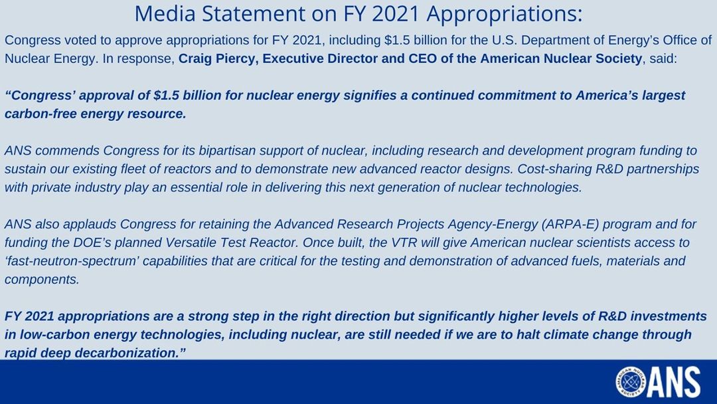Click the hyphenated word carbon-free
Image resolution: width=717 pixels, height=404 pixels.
coord(40,113)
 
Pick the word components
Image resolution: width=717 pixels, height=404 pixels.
coord(42,279)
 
